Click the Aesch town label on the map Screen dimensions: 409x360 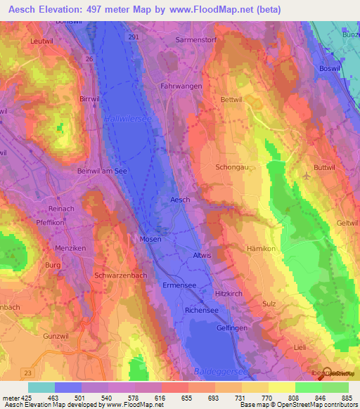pyautogui.click(x=181, y=200)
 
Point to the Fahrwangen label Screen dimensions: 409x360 pyautogui.click(x=181, y=86)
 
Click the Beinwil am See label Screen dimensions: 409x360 pyautogui.click(x=102, y=171)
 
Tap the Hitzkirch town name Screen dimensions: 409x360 pyautogui.click(x=228, y=292)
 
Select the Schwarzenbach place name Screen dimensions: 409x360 pyautogui.click(x=120, y=275)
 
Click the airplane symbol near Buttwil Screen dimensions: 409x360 pyautogui.click(x=307, y=175)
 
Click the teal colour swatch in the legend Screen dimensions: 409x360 pyautogui.click(x=41, y=387)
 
